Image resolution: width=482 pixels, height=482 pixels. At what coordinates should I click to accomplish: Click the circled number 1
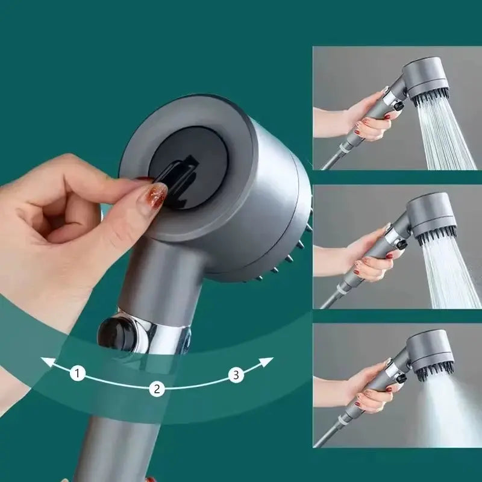pos(77,374)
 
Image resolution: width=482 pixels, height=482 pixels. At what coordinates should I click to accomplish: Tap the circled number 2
pos(157,389)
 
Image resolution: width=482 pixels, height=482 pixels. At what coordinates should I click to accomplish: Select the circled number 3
pos(236,375)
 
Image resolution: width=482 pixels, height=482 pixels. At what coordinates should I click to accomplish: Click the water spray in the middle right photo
pos(449,271)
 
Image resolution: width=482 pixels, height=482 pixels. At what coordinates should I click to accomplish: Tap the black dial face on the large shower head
pos(187,169)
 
